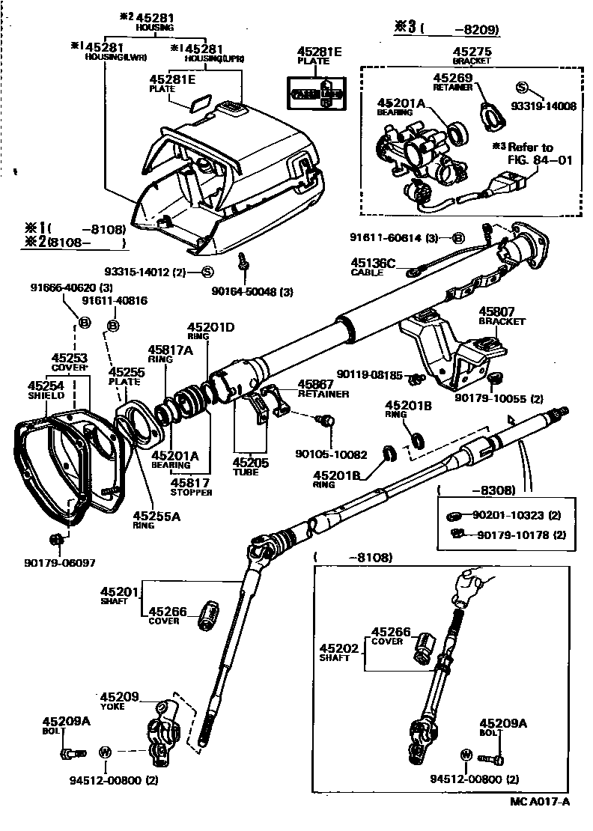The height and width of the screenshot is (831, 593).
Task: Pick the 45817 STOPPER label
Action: (x=190, y=487)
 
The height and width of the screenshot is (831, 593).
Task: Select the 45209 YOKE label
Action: (x=120, y=700)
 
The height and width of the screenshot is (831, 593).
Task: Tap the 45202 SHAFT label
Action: (x=335, y=652)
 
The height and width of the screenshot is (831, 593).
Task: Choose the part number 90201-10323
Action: (x=517, y=516)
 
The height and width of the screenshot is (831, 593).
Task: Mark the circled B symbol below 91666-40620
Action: (x=84, y=323)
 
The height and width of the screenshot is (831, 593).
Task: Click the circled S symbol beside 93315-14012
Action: (x=207, y=272)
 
